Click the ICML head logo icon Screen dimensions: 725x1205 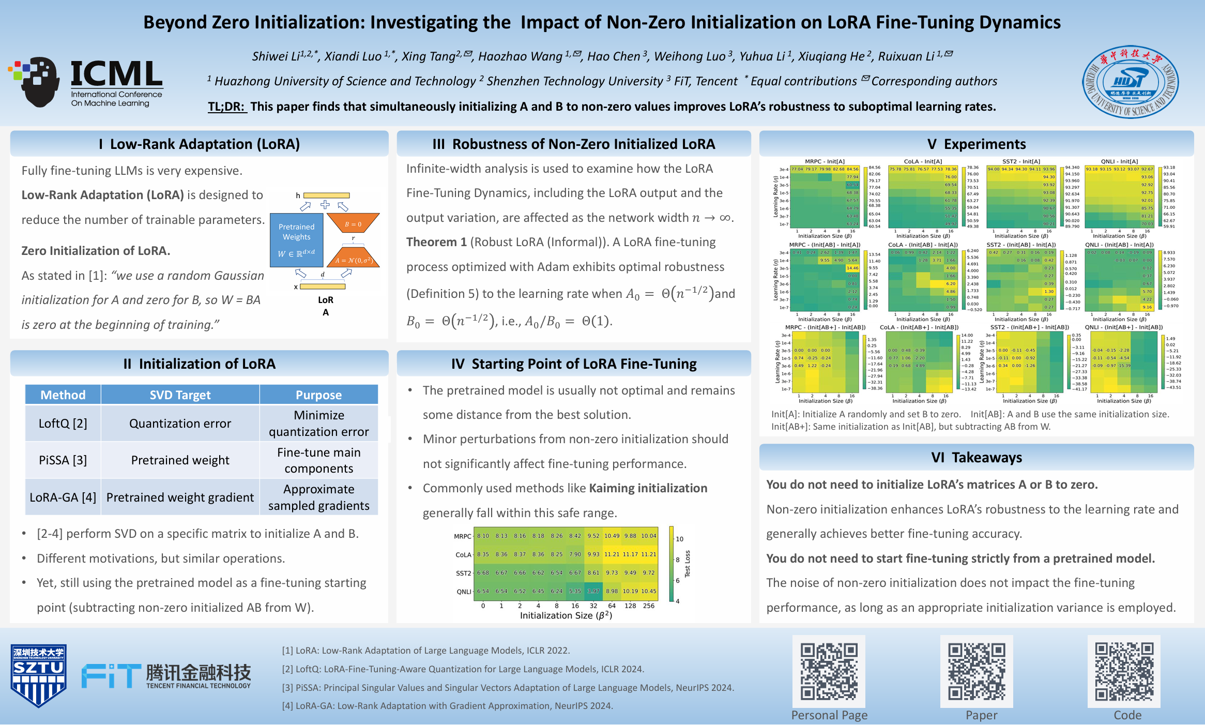tap(35, 82)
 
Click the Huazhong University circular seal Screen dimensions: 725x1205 tap(1130, 81)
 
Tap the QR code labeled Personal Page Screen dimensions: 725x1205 tap(829, 671)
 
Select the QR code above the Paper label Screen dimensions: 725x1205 tap(976, 671)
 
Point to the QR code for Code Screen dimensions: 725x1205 tap(1124, 671)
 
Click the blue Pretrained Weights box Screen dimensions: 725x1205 tap(296, 239)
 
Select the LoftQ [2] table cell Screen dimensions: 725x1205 tap(63, 424)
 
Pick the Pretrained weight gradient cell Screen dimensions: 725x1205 tap(180, 497)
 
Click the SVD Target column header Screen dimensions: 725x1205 tap(180, 395)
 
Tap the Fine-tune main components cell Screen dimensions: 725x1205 tap(318, 460)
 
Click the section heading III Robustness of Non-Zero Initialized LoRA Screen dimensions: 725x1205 tap(573, 144)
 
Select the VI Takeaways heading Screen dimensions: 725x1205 tap(976, 458)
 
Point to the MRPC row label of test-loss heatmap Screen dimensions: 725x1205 tap(462, 536)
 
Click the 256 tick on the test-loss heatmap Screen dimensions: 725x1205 tap(648, 606)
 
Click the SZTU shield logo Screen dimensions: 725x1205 tap(39, 675)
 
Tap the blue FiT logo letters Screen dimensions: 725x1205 tap(111, 676)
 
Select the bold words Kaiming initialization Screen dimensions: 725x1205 tap(648, 488)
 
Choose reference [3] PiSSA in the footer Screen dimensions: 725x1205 tap(508, 688)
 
